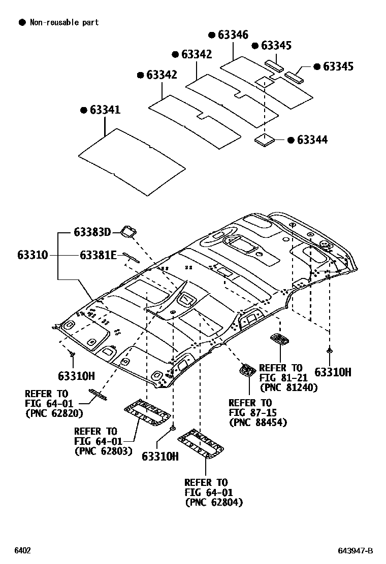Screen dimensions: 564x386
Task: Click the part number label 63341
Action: (105, 110)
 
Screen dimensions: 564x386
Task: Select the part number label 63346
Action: (233, 35)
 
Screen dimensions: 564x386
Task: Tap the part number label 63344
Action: (312, 140)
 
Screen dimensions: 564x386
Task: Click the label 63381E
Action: (99, 255)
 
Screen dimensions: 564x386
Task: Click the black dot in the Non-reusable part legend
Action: (22, 22)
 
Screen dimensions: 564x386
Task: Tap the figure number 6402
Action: (22, 550)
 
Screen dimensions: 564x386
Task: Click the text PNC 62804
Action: (214, 502)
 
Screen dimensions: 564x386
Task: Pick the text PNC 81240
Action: (288, 387)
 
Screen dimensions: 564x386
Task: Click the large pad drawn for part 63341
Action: (132, 160)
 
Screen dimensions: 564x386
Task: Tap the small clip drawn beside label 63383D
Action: (127, 232)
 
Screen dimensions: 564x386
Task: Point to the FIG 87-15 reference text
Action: (250, 412)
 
